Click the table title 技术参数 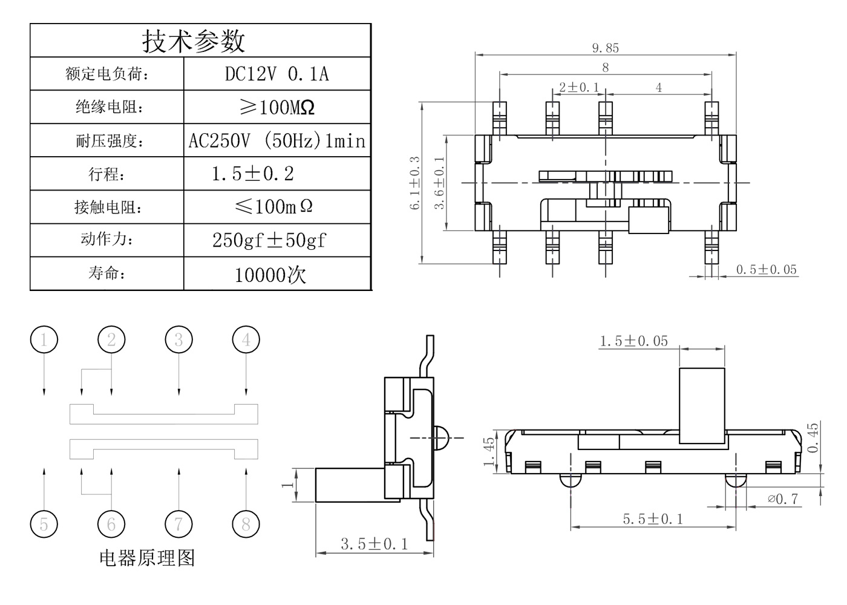194,41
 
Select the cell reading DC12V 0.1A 277,74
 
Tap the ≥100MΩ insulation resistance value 277,108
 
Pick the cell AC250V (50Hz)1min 277,141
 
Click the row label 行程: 107,175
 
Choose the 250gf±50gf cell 269,240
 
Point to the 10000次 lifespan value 270,275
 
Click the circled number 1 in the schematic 44,340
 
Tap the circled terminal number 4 246,340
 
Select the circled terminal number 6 111,524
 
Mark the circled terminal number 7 178,524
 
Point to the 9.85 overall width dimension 605,48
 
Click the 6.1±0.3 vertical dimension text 415,183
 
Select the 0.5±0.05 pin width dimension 767,270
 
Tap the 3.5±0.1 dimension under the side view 374,544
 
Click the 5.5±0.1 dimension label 653,519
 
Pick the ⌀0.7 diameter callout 783,499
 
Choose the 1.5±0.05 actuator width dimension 633,341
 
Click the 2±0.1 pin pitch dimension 578,88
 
